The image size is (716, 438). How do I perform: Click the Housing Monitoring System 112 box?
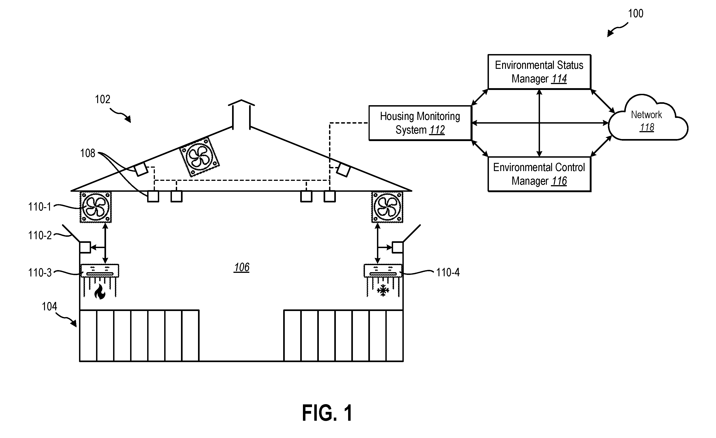pyautogui.click(x=420, y=123)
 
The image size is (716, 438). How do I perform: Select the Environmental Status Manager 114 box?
pyautogui.click(x=539, y=72)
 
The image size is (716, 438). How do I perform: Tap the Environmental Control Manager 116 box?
pyautogui.click(x=539, y=174)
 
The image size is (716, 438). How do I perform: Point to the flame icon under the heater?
pyautogui.click(x=100, y=291)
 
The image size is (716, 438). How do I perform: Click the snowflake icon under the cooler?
pyautogui.click(x=383, y=290)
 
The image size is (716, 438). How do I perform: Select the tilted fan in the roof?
pyautogui.click(x=199, y=157)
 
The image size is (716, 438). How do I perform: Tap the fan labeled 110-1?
pyautogui.click(x=96, y=207)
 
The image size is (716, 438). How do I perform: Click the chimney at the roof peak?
pyautogui.click(x=241, y=114)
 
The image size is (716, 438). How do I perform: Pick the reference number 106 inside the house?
pyautogui.click(x=241, y=267)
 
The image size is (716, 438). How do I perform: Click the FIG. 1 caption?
pyautogui.click(x=327, y=413)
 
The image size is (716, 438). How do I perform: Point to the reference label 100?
pyautogui.click(x=636, y=14)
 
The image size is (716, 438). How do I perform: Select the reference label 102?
pyautogui.click(x=103, y=100)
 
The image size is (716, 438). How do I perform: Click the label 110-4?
pyautogui.click(x=448, y=272)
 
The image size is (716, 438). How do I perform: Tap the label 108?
pyautogui.click(x=87, y=153)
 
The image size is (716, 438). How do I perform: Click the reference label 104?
pyautogui.click(x=50, y=307)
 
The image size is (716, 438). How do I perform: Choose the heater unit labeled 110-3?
pyautogui.click(x=100, y=271)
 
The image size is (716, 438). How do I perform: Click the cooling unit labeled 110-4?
pyautogui.click(x=383, y=271)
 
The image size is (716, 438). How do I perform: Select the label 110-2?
pyautogui.click(x=40, y=235)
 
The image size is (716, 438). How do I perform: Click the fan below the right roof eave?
pyautogui.click(x=387, y=207)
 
